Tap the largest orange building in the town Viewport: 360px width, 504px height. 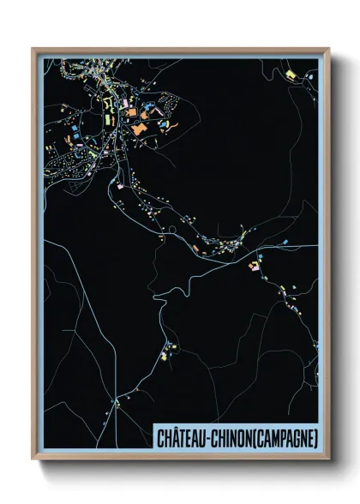click(139, 128)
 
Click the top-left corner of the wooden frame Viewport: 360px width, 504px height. click(32, 48)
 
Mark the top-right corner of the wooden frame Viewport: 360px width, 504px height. click(329, 48)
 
